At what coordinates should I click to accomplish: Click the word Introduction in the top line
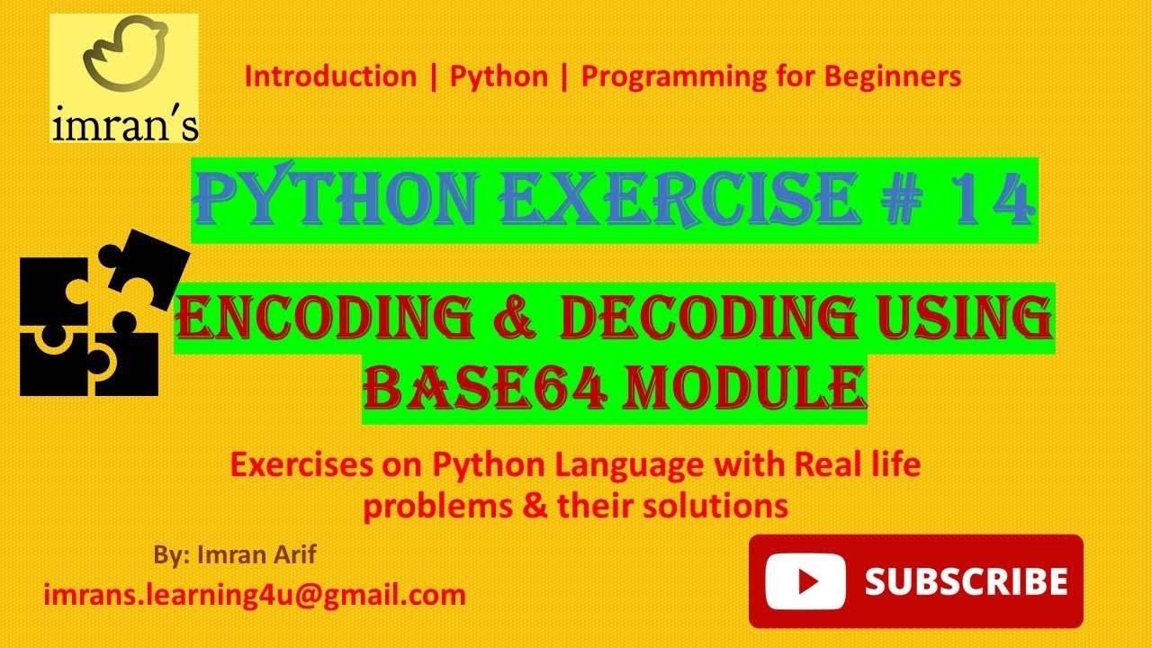click(x=330, y=76)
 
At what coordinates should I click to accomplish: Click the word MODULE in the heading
click(x=725, y=389)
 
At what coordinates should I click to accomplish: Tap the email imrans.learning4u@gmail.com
click(x=255, y=595)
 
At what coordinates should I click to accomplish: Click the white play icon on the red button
click(x=803, y=580)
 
